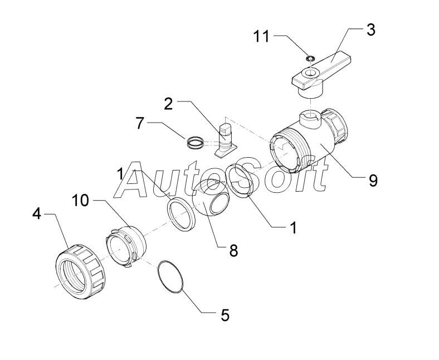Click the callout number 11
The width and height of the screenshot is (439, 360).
pos(261,36)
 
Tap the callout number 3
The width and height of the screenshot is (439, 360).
pos(370,30)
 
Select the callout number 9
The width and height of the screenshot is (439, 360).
pos(373,180)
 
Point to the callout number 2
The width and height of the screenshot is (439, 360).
pos(168,104)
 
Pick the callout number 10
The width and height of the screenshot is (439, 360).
pos(80,201)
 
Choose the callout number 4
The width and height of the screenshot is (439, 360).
pos(37,214)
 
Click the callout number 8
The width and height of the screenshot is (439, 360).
pos(233,250)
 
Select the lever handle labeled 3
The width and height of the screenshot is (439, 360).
pos(321,74)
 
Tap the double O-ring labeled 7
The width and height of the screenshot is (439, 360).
pos(195,142)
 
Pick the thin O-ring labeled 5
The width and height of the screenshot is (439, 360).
pos(170,277)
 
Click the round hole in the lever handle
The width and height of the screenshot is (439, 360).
pos(310,74)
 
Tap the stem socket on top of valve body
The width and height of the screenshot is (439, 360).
pos(311,119)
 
